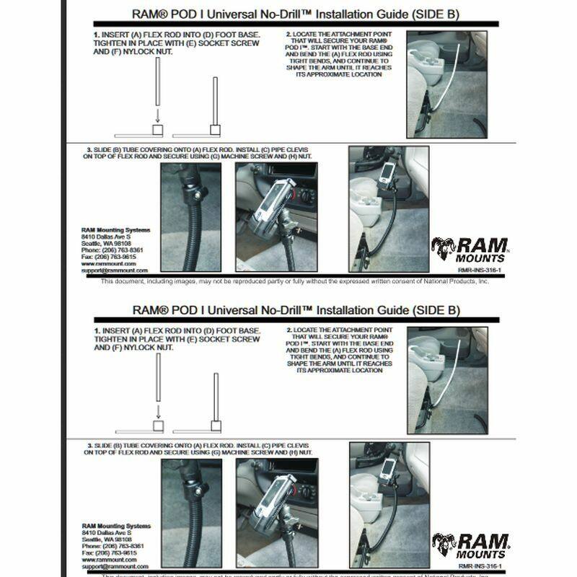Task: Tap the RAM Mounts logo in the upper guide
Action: tap(470, 250)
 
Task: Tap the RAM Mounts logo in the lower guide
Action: tap(470, 545)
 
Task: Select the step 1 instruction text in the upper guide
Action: tap(177, 43)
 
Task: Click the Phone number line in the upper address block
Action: tap(112, 250)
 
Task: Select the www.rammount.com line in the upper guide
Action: tap(105, 264)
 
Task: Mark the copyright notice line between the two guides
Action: tap(294, 281)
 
